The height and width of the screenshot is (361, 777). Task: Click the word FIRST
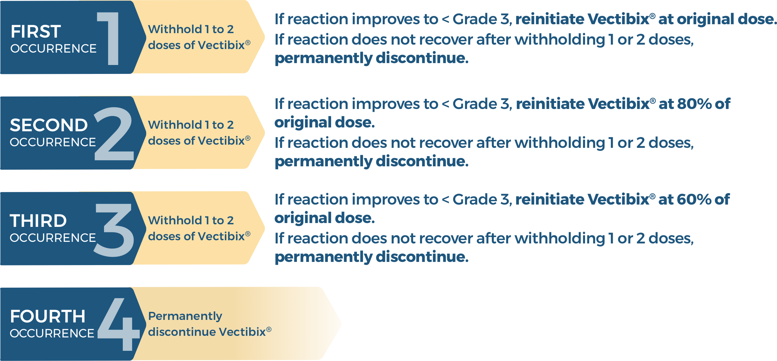(36, 32)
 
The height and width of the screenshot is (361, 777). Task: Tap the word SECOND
(49, 125)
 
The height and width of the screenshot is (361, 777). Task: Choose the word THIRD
(38, 221)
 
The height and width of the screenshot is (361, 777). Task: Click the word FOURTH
(48, 316)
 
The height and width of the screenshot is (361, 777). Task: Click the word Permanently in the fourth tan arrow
(185, 316)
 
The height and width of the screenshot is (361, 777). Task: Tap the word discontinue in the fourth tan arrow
(182, 332)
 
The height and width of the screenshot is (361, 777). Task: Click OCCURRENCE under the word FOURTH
(52, 333)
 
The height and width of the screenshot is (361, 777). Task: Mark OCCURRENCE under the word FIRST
(53, 48)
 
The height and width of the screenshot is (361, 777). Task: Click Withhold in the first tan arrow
(175, 29)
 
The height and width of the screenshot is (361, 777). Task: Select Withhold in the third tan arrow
(175, 220)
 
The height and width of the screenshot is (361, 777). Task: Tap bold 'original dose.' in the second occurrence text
(324, 122)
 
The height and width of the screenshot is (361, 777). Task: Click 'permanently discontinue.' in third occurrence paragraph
(372, 257)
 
